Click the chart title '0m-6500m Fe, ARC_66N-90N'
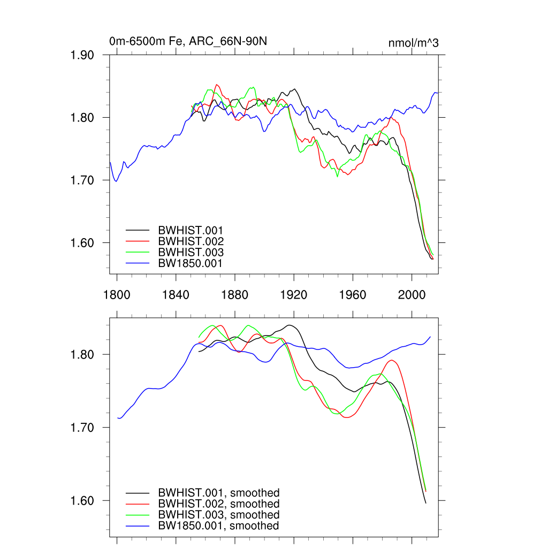[x=185, y=41]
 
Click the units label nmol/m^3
[x=413, y=43]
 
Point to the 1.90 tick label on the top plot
[x=82, y=55]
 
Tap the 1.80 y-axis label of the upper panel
[x=82, y=118]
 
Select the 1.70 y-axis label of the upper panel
[x=82, y=180]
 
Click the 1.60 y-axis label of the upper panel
[x=82, y=243]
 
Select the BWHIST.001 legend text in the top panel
[x=191, y=231]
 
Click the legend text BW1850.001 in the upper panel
[x=190, y=263]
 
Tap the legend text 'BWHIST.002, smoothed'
[x=218, y=504]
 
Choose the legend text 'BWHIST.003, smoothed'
[x=218, y=515]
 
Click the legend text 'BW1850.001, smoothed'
[x=218, y=526]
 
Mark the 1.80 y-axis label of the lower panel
[x=82, y=354]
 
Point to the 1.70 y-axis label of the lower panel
[x=82, y=428]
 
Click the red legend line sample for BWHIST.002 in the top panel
[x=137, y=241]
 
